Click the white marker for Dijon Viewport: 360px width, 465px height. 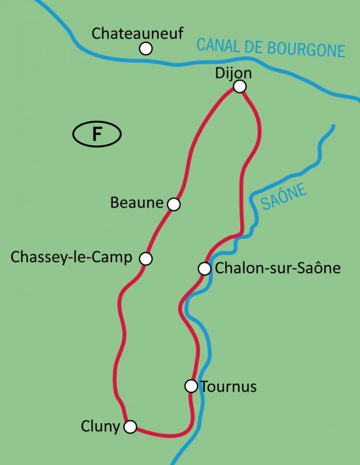click(x=240, y=87)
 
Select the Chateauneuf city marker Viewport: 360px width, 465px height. click(x=146, y=48)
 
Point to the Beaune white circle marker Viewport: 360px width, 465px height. click(x=173, y=204)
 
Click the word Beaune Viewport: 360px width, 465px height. click(x=137, y=203)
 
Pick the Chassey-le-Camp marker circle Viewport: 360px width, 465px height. click(x=146, y=258)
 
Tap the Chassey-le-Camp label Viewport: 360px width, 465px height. click(x=72, y=257)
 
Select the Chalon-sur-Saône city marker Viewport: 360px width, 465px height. click(x=204, y=269)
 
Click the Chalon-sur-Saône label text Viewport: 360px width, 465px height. click(x=277, y=269)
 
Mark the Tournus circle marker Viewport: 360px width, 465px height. click(x=191, y=385)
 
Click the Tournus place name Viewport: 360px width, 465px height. click(x=228, y=386)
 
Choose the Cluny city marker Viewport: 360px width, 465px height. click(x=130, y=427)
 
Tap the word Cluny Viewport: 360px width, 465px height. click(x=101, y=427)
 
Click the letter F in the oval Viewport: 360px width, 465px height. click(x=97, y=134)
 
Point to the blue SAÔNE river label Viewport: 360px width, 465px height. click(x=284, y=198)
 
